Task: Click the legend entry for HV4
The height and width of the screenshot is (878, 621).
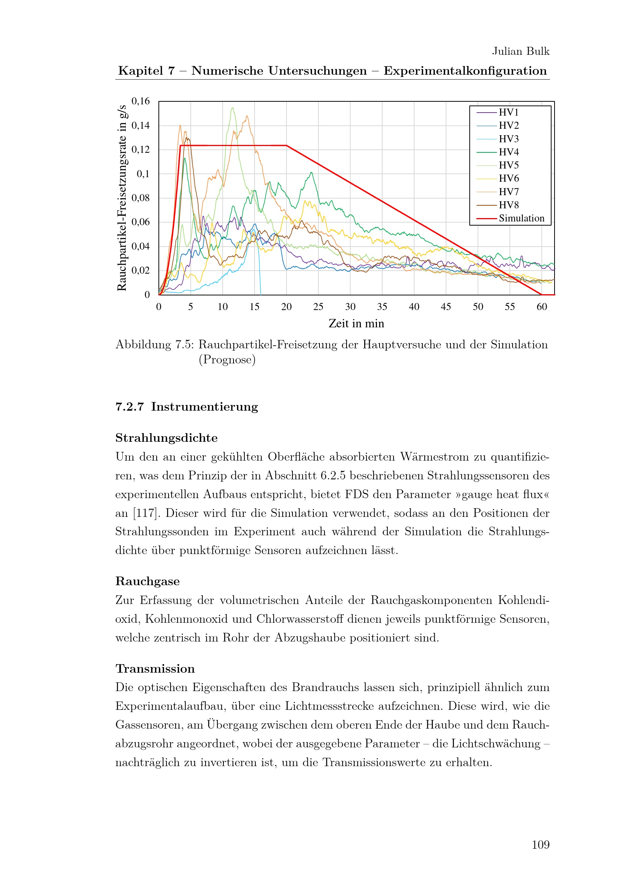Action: point(508,152)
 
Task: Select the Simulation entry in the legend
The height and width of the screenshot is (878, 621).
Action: point(521,218)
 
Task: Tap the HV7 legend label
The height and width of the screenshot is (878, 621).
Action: point(508,192)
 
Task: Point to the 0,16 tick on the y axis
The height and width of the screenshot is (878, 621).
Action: point(140,101)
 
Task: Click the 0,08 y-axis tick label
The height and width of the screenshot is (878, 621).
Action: point(140,198)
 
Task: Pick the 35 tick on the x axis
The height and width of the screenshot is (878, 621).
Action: point(382,307)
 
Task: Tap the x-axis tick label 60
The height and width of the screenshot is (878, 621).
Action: point(541,307)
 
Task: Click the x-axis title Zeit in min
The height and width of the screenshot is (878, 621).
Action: point(356,324)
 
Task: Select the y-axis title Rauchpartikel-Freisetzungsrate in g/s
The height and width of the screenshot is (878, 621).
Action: point(122,198)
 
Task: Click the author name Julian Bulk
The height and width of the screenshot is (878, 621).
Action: point(520,51)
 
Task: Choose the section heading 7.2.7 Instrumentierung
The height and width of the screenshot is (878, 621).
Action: point(187,407)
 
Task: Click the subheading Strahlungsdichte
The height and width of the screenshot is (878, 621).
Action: point(166,438)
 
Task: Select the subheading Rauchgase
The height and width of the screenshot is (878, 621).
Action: point(147,581)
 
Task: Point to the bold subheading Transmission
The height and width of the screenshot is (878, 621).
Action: point(155,669)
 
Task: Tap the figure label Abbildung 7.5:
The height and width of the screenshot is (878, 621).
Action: point(154,345)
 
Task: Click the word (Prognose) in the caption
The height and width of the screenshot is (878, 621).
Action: point(227,360)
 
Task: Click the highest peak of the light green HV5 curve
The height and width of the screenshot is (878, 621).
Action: point(232,108)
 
